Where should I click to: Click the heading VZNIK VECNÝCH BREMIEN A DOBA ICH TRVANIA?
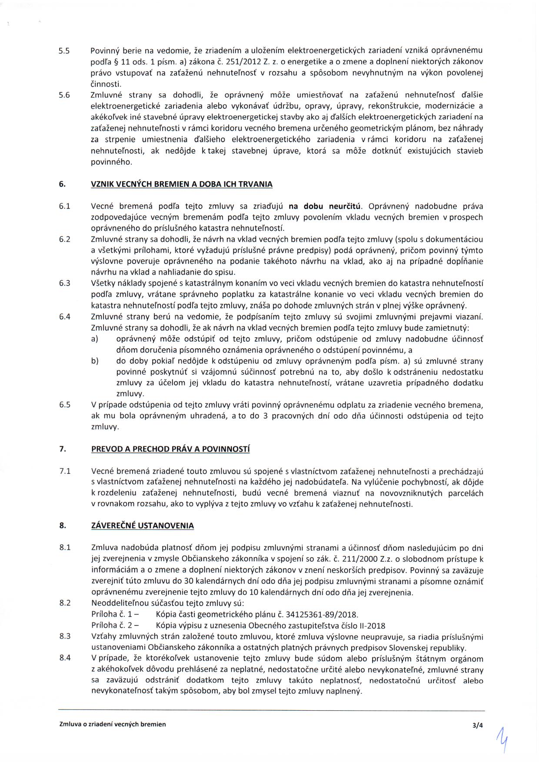tap(181, 184)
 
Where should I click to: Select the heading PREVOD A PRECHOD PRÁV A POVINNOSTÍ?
tap(170, 449)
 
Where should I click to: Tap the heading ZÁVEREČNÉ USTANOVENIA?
tap(142, 526)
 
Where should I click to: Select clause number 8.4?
tap(65, 658)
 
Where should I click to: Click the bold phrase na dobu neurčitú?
tap(325, 206)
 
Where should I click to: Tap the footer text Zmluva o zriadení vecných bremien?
tap(113, 724)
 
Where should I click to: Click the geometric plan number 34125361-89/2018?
tap(324, 615)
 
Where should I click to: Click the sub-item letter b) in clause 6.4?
tap(95, 361)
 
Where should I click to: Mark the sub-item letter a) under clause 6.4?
tap(95, 339)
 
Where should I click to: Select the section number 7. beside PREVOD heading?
tap(63, 449)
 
